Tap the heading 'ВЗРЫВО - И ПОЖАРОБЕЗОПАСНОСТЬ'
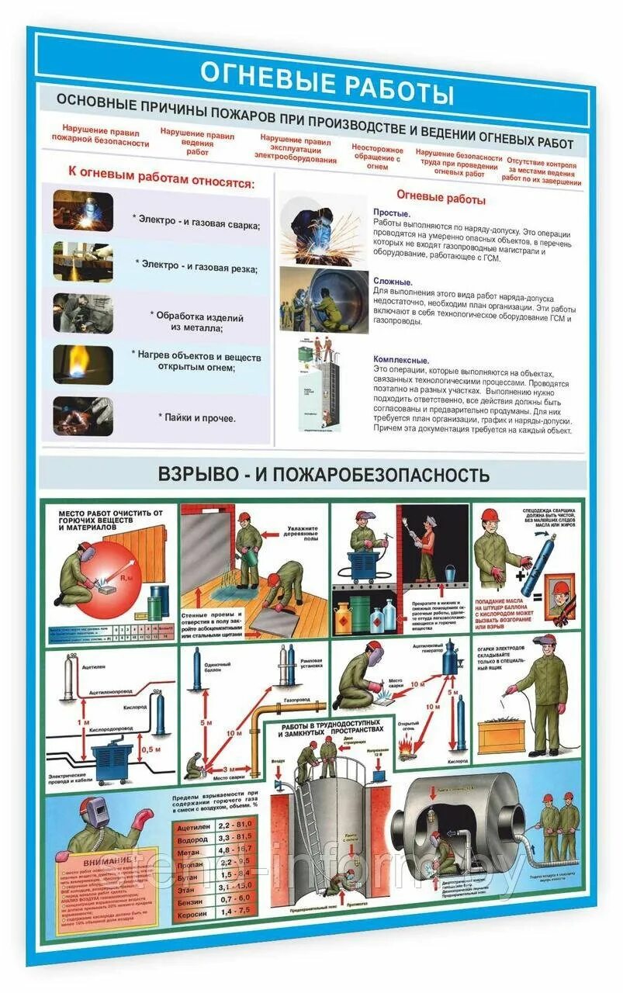[x=324, y=474]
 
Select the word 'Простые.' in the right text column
[x=392, y=213]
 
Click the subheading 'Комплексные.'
[x=401, y=360]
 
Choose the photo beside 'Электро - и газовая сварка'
[x=83, y=211]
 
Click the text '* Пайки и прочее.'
[x=197, y=417]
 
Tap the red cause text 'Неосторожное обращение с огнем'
[x=377, y=157]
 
